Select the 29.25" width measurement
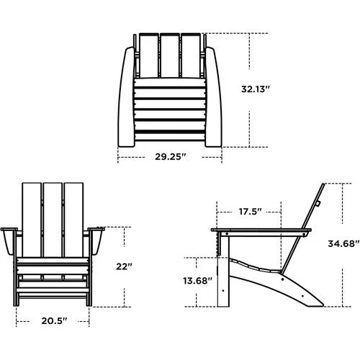[170, 156]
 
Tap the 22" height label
[124, 266]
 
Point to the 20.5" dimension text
[54, 320]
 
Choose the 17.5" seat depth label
[249, 212]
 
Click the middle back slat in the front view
[54, 216]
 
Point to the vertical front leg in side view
[225, 274]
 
